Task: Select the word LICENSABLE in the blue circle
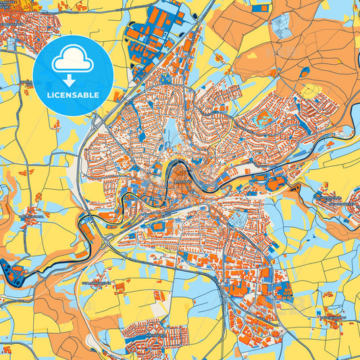point(72,95)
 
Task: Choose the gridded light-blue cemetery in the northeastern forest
point(281,27)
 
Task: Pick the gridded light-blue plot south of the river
point(236,220)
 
